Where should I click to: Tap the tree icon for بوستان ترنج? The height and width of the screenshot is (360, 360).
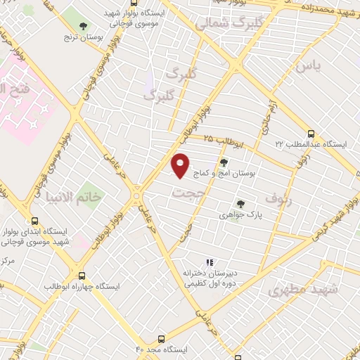click(x=84, y=27)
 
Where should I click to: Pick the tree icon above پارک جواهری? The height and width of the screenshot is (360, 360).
click(x=241, y=204)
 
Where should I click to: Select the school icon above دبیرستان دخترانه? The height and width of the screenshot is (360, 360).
click(x=209, y=262)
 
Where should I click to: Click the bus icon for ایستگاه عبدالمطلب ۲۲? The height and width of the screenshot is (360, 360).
click(x=311, y=133)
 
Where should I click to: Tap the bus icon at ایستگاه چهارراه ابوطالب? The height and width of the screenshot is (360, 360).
click(x=82, y=276)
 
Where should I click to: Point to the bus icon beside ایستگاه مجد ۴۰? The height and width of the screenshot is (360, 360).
click(x=161, y=339)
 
